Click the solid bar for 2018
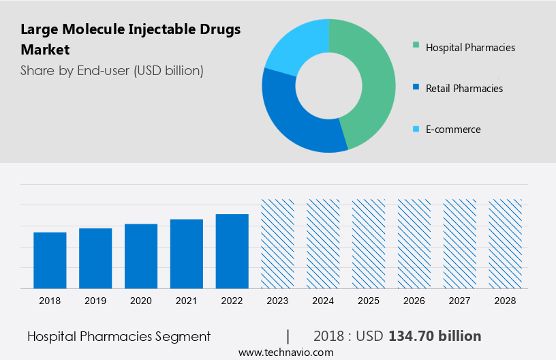coord(50,260)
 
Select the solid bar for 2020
coord(141,256)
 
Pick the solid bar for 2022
coord(232,252)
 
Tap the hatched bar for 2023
coord(278,244)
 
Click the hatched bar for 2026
coord(414,244)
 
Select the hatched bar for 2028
coord(506,244)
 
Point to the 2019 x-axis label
coord(95,300)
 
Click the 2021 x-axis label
coord(187,300)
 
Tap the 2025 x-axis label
coord(369,300)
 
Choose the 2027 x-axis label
coord(460,300)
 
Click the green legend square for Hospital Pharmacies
coord(416,47)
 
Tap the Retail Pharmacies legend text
coord(464,89)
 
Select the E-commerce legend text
coord(453,130)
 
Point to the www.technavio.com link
coord(285,352)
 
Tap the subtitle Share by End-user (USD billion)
coord(112,70)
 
